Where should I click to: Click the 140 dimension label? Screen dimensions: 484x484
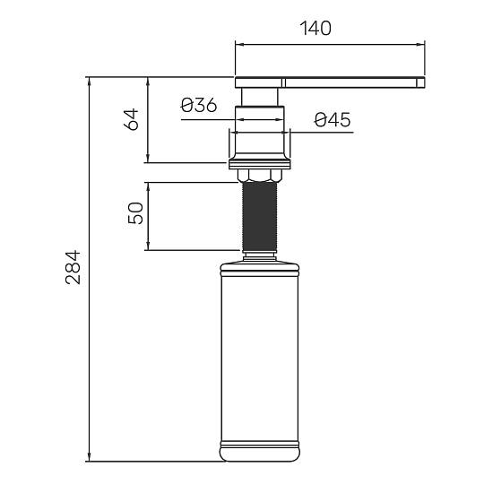click(x=315, y=28)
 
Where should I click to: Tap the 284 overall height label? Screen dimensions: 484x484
click(x=73, y=267)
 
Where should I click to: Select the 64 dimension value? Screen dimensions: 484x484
click(x=131, y=119)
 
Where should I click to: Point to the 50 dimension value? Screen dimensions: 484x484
click(x=135, y=213)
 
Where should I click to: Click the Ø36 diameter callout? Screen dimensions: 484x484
click(x=199, y=105)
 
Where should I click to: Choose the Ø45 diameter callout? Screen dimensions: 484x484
click(x=333, y=120)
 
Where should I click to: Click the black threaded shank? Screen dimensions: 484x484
click(x=260, y=217)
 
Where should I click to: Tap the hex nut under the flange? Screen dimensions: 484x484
click(x=260, y=175)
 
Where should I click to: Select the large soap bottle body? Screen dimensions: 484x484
click(x=260, y=358)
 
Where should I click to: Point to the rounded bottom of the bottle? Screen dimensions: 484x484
click(x=260, y=454)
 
